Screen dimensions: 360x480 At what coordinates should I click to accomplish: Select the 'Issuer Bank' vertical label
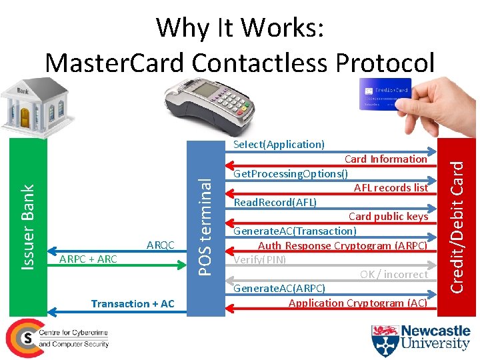coord(27,227)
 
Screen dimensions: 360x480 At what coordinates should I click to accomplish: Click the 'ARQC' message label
coord(160,245)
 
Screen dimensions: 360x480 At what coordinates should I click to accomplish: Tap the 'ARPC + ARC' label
coord(89,259)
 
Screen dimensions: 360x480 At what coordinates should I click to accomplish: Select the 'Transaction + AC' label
coord(133,304)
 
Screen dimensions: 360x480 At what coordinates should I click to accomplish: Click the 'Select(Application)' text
coord(279,144)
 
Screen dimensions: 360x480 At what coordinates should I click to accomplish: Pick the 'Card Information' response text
coord(385,159)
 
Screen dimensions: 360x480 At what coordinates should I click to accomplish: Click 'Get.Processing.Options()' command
coord(291,174)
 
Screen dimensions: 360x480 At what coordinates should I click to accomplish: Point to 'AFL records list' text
coord(391,188)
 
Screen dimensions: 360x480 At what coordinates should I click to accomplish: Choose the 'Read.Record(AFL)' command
coord(275,202)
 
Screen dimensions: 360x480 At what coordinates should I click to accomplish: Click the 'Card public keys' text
coord(388,217)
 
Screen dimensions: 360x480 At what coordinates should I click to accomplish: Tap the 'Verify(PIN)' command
coord(259,259)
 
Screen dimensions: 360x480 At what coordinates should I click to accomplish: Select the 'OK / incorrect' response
coord(393,274)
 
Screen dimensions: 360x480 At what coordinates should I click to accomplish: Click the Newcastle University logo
coord(421,337)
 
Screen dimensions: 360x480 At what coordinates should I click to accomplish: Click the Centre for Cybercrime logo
coord(57,337)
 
